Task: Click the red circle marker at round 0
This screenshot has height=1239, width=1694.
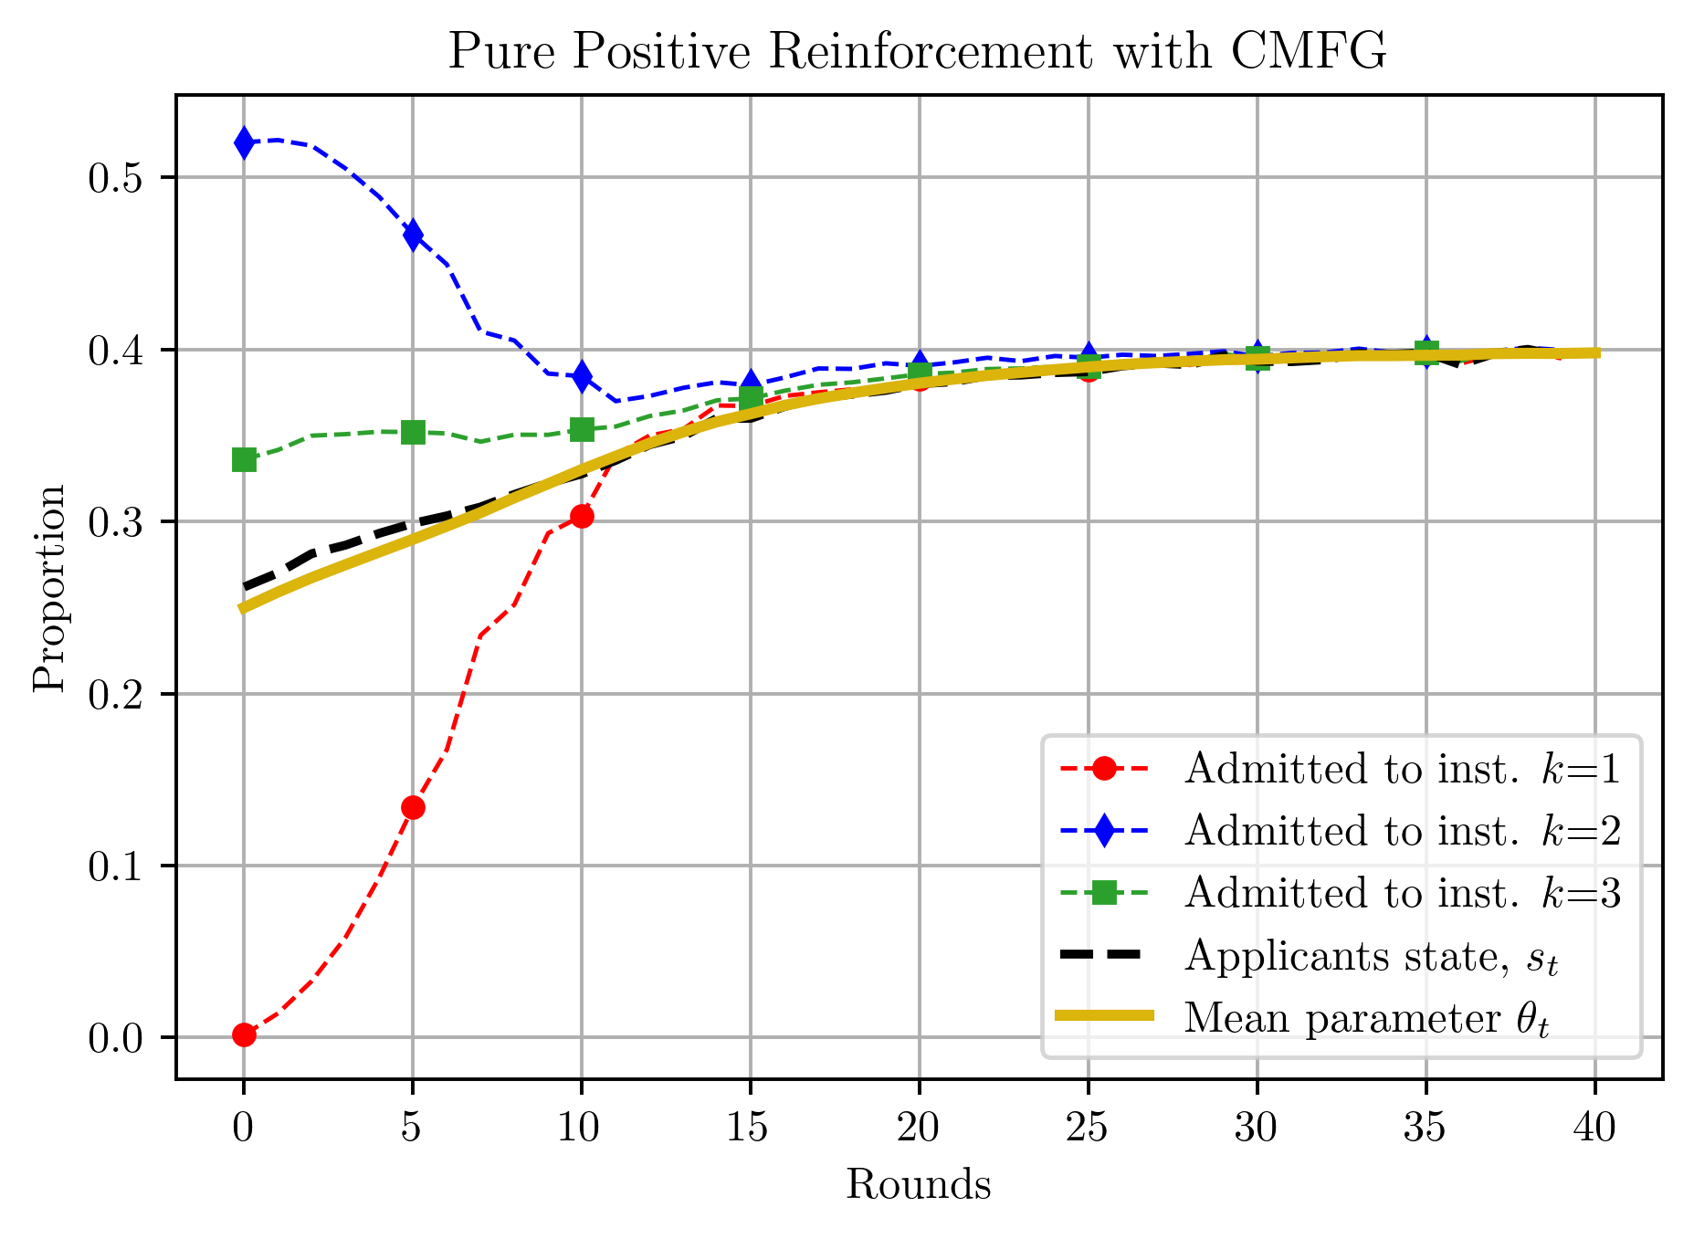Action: pyautogui.click(x=244, y=1034)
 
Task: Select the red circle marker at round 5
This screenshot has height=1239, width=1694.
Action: pyautogui.click(x=413, y=807)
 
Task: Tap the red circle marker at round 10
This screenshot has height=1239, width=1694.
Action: pyautogui.click(x=582, y=517)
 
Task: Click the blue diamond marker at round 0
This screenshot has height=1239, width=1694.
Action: pyautogui.click(x=244, y=142)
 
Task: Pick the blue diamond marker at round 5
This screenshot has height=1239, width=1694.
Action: pyautogui.click(x=413, y=235)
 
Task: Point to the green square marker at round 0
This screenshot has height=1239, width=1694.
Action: pyautogui.click(x=244, y=459)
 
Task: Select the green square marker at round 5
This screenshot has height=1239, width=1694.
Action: pyautogui.click(x=413, y=432)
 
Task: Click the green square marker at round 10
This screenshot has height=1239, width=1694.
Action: pyautogui.click(x=582, y=429)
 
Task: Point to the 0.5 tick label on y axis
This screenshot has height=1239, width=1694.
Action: pyautogui.click(x=114, y=178)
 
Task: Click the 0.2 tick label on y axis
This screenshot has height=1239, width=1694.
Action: pyautogui.click(x=114, y=695)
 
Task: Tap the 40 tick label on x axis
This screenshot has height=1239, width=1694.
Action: pyautogui.click(x=1594, y=1129)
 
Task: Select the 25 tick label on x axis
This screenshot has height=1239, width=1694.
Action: pyautogui.click(x=1088, y=1129)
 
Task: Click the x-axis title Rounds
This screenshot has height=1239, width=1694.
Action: pyautogui.click(x=918, y=1185)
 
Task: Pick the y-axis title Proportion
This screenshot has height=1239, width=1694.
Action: pyautogui.click(x=49, y=588)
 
